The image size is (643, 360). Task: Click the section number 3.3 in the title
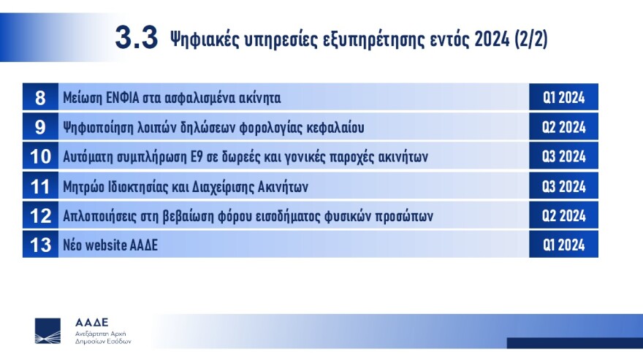click(x=136, y=38)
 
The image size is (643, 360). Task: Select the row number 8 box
click(x=40, y=97)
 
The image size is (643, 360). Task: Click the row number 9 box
click(x=40, y=127)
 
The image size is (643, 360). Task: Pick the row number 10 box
click(x=40, y=157)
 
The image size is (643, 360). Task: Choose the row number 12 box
click(x=40, y=216)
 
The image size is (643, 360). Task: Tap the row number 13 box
click(x=40, y=245)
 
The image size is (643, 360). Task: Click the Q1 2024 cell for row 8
click(x=563, y=97)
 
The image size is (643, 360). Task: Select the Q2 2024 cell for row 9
click(x=563, y=127)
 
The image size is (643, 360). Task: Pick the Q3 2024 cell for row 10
click(x=563, y=157)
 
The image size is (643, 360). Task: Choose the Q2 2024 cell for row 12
click(x=563, y=216)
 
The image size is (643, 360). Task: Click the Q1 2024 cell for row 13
click(x=563, y=245)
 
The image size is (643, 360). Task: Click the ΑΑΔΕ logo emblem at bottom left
click(x=48, y=331)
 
